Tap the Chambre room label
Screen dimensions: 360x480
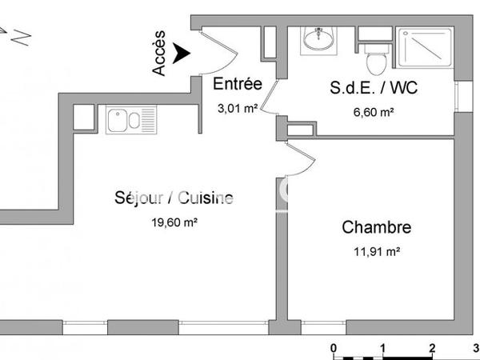point(377,227)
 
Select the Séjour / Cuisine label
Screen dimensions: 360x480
point(174,198)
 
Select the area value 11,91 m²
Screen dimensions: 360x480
point(377,252)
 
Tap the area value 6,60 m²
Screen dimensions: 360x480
point(374,112)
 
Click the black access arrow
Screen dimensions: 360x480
point(183,53)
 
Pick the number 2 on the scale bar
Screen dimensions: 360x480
point(432,348)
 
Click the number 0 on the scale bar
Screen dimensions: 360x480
point(334,348)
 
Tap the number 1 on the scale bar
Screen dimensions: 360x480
point(383,348)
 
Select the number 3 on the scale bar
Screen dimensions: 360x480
point(477,348)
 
